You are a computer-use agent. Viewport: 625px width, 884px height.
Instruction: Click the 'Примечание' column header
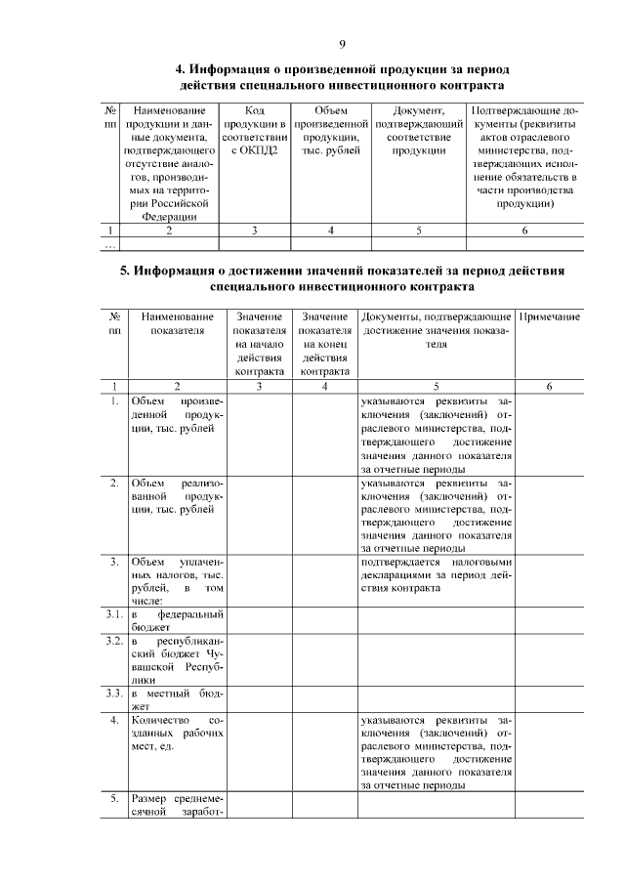point(550,318)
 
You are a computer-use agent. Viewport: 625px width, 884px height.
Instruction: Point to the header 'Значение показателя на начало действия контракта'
point(259,344)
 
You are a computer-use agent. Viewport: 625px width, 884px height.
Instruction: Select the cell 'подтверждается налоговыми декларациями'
point(436,573)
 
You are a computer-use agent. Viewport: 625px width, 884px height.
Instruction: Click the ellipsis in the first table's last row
point(110,245)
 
